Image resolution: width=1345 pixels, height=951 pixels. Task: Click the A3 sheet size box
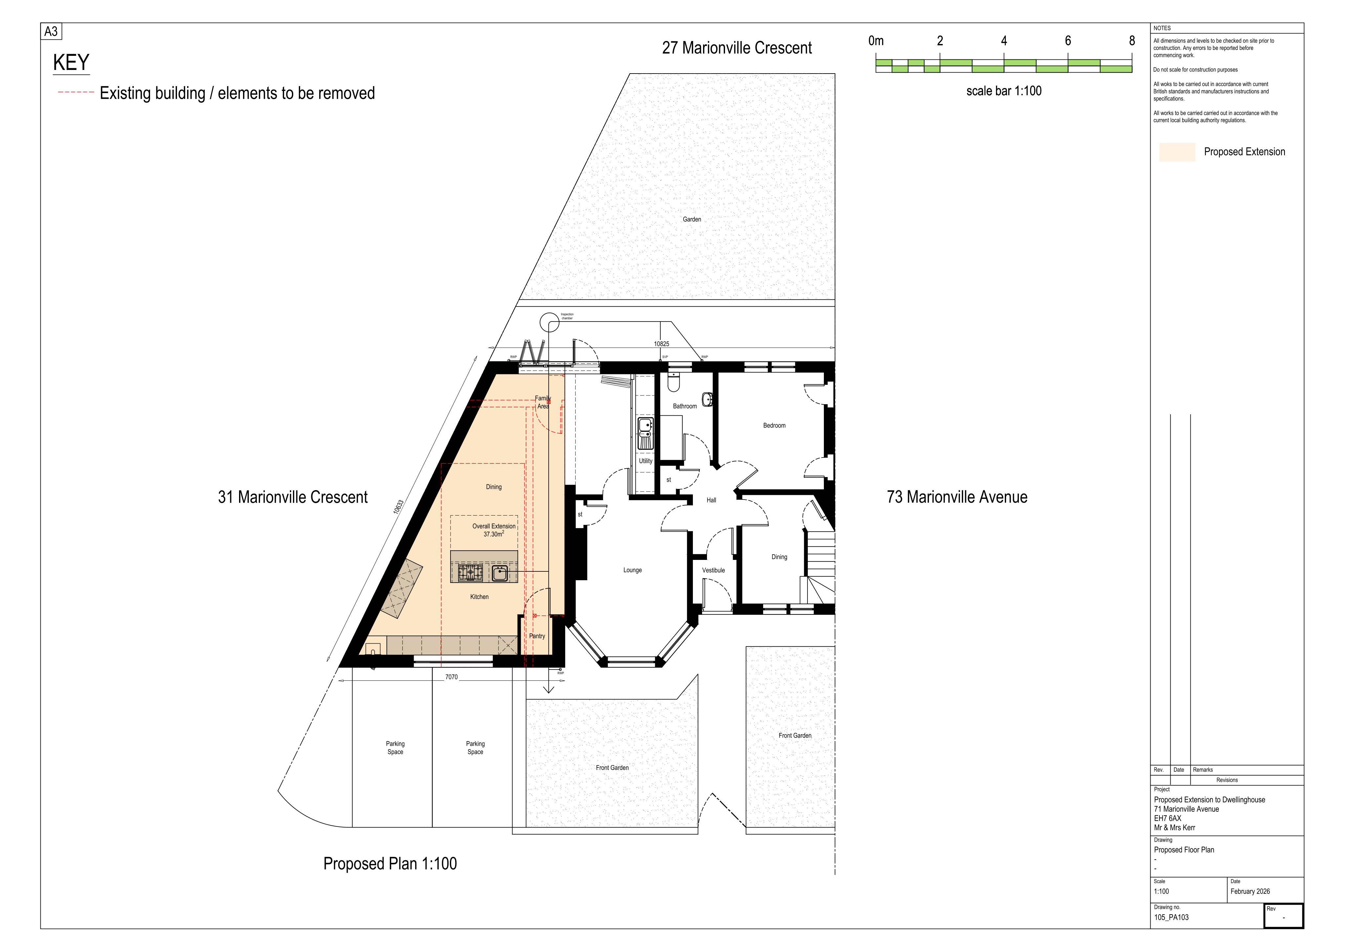click(x=51, y=31)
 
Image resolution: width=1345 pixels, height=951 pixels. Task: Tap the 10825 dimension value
click(x=661, y=344)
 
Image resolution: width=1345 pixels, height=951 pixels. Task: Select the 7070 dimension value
click(x=451, y=677)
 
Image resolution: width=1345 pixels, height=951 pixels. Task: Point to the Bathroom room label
click(x=685, y=406)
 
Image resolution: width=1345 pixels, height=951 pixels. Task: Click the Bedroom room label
click(x=774, y=425)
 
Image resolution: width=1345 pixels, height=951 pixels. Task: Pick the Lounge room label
click(x=633, y=570)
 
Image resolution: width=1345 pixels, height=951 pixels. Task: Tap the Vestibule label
click(x=714, y=570)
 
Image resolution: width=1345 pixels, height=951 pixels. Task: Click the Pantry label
click(x=537, y=636)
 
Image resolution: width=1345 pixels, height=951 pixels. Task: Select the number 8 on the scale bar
click(x=1132, y=40)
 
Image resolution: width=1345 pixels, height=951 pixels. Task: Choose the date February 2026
click(x=1250, y=891)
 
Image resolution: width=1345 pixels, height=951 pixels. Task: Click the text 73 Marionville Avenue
click(x=957, y=497)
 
